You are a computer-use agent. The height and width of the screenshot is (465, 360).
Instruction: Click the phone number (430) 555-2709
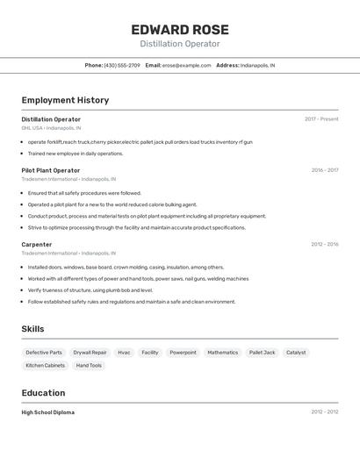(122, 65)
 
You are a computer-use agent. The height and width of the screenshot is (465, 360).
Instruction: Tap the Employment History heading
(65, 100)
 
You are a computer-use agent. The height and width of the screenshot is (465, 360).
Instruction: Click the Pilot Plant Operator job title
(51, 170)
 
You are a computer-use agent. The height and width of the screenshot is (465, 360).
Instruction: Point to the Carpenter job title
(37, 245)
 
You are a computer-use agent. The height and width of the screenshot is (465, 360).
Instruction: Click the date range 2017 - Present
(321, 119)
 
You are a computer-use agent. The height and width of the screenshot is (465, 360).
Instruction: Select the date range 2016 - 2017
(324, 170)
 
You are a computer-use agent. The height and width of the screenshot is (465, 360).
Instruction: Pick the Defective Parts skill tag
(44, 353)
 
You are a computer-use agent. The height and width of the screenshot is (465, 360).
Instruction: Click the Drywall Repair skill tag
(90, 353)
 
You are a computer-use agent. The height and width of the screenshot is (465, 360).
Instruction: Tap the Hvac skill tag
(124, 353)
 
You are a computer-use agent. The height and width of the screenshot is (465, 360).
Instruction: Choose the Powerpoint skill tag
(183, 353)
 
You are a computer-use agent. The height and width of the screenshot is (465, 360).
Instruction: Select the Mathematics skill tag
(223, 353)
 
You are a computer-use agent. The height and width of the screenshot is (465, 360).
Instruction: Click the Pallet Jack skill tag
(262, 353)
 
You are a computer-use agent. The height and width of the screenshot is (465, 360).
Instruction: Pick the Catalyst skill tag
(296, 353)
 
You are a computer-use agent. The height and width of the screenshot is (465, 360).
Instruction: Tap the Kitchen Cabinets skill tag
(46, 365)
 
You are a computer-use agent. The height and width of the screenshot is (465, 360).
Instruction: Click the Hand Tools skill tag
(89, 365)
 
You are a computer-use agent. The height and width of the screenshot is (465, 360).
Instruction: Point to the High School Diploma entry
(48, 412)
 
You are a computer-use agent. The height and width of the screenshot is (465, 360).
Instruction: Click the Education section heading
(44, 393)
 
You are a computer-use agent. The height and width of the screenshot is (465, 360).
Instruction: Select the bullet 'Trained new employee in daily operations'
(76, 154)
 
